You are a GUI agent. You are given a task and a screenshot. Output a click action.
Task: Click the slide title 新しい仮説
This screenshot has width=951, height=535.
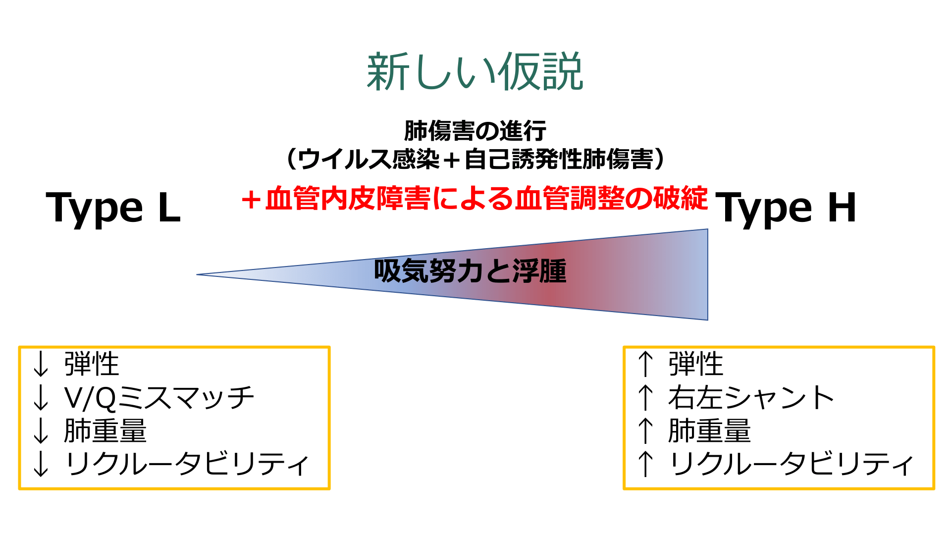[475, 72]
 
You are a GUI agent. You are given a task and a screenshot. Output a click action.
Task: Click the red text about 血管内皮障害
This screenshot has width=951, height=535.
[475, 199]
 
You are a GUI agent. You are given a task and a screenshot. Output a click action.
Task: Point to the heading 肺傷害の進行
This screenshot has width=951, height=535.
[475, 131]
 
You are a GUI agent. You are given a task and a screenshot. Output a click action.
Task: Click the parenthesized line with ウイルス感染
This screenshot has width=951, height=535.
[475, 159]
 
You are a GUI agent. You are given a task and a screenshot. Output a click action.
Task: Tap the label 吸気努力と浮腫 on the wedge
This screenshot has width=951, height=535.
[470, 271]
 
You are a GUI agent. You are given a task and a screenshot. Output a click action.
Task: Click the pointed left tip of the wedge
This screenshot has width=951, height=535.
[197, 274]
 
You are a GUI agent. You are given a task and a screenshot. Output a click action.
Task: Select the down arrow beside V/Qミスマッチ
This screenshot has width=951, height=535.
[41, 398]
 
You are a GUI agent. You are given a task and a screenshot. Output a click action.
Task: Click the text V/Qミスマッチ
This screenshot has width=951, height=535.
[159, 398]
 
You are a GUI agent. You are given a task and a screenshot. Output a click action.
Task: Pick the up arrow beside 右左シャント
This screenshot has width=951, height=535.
[645, 398]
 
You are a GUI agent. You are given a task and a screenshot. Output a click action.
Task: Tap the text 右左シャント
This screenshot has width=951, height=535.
[751, 398]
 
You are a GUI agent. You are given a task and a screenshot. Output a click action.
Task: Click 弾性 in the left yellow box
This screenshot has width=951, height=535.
[92, 364]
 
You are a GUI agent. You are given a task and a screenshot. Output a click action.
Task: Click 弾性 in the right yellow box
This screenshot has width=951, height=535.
[696, 364]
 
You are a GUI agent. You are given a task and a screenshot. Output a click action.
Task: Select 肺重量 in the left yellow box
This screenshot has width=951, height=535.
[106, 430]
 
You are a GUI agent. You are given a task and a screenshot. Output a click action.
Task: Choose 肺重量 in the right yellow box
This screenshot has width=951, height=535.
[710, 430]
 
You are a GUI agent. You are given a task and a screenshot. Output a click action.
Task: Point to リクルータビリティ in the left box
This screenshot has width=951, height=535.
[187, 464]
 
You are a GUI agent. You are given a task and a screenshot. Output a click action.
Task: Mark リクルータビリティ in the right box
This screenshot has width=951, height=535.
[792, 464]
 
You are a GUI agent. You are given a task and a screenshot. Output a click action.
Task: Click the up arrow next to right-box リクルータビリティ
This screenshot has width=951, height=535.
[645, 464]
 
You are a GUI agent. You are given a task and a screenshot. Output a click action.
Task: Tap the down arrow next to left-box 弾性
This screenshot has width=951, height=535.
[41, 364]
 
